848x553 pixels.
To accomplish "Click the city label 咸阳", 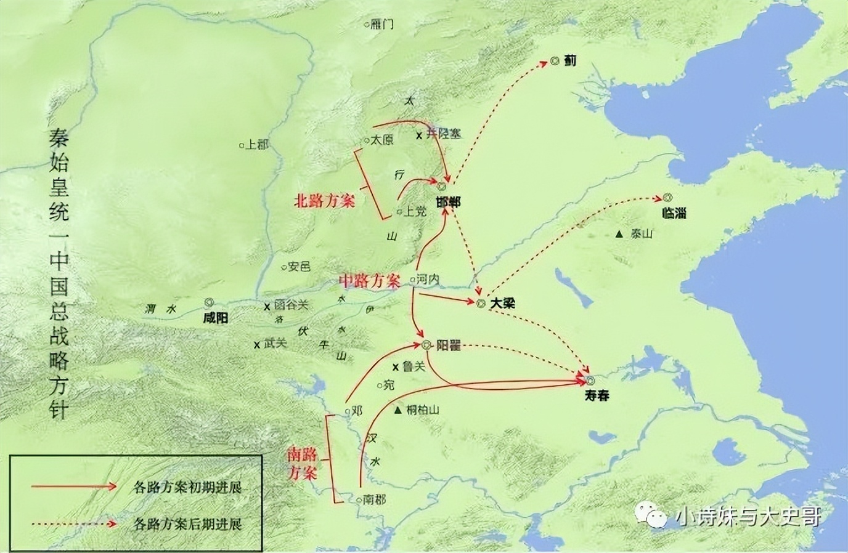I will point(215,318).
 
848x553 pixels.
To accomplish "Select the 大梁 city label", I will point(503,304).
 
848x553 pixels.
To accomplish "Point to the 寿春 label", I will point(597,395).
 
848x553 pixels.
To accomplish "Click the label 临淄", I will point(673,213).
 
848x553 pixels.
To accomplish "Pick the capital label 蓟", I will point(570,60).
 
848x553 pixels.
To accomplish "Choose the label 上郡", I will point(257,145).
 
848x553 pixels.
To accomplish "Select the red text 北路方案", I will point(325,201).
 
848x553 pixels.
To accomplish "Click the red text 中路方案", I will point(370,281).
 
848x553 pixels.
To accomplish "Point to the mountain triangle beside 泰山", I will point(619,234).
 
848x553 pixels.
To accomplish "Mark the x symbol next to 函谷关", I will point(267,305).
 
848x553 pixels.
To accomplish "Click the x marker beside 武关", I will point(256,344).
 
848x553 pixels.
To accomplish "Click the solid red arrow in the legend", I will point(74,486).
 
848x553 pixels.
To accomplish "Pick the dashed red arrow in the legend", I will point(74,524).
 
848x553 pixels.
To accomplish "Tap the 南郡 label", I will point(375,499).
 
